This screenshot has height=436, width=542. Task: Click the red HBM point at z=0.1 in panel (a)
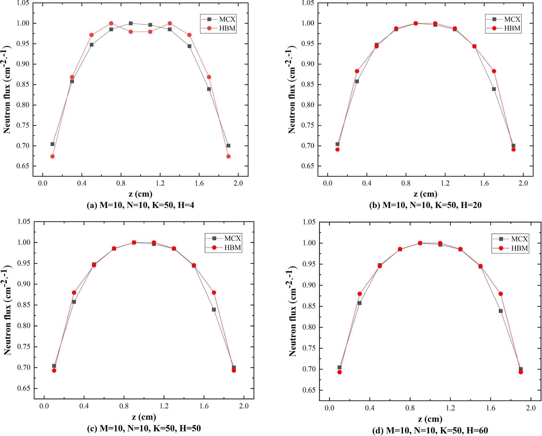pos(53,156)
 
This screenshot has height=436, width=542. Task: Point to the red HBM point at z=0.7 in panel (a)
pos(111,23)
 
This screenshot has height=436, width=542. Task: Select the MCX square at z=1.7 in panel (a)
pos(209,89)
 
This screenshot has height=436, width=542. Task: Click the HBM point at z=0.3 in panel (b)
pos(357,71)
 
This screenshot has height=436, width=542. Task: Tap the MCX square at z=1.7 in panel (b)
pos(494,89)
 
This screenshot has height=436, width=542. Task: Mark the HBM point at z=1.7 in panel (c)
pos(214,292)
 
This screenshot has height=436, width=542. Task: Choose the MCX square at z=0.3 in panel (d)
pos(360,303)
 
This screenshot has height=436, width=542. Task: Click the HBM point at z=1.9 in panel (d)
pos(521,372)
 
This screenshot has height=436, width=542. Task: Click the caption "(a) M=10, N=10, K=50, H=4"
pos(140,205)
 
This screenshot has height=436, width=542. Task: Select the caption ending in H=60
pos(430,430)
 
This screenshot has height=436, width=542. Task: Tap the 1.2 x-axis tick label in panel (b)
pos(445,183)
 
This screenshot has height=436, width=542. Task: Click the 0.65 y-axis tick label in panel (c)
pos(24,388)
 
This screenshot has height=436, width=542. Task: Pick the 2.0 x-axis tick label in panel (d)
pos(531,408)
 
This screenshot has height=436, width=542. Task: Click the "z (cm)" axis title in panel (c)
pos(144,417)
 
